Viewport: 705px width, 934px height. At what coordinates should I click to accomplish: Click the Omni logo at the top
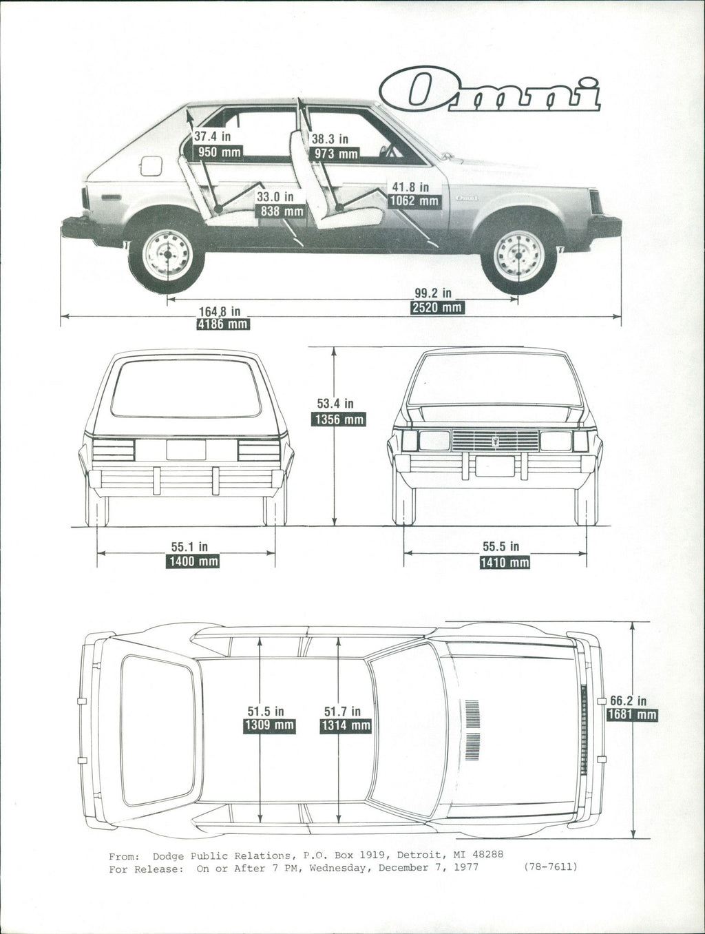coord(490,91)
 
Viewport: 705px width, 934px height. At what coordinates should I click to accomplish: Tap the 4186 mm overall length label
coord(222,324)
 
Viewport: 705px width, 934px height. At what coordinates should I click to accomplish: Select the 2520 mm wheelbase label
coord(437,307)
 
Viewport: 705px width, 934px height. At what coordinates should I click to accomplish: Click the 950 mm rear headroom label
coord(218,152)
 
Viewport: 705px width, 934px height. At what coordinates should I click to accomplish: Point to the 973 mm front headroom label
coord(336,154)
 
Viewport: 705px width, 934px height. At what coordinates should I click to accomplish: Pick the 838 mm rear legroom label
coord(280,211)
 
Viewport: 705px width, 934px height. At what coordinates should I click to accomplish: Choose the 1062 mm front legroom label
coord(414,201)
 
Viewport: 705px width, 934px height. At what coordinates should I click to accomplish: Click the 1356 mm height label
coord(338,419)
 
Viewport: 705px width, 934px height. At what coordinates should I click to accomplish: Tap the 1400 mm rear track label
coord(193,561)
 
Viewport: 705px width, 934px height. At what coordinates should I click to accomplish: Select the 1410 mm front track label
coord(505,563)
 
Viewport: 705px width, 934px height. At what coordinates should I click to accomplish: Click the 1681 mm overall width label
coord(631,715)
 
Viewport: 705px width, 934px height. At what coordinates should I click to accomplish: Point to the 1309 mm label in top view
coord(269,725)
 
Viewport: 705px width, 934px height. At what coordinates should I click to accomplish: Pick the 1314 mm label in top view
coord(346,725)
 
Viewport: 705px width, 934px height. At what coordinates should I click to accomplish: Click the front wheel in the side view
coord(518,256)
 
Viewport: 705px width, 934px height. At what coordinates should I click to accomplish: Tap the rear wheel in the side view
coord(167,256)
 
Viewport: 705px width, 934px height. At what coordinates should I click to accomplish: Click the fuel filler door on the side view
coord(150,166)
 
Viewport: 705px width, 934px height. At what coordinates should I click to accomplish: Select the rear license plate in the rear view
coord(186,450)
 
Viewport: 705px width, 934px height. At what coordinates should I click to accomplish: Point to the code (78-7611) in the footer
coord(550,866)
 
